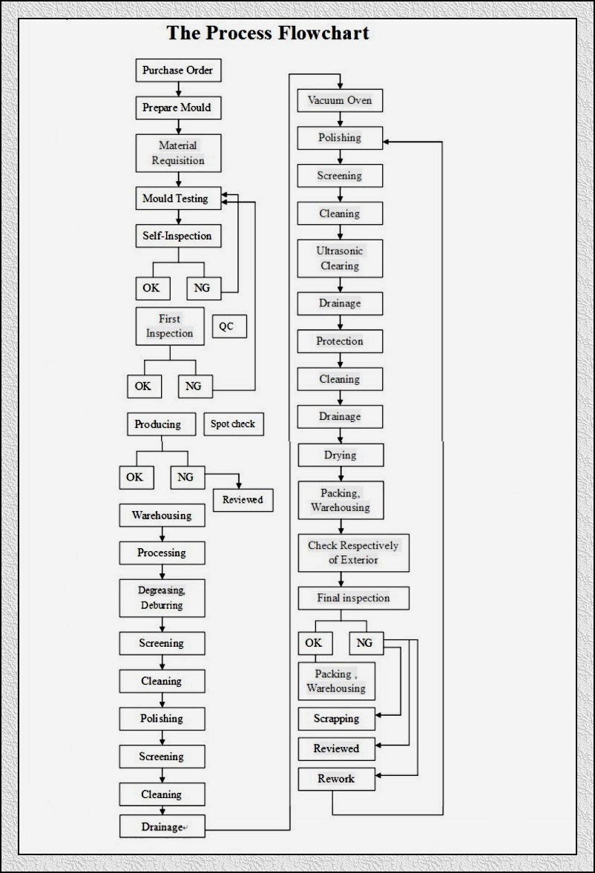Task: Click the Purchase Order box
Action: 178,70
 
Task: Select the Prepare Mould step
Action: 178,108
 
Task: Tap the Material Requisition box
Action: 178,153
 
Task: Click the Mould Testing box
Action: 178,198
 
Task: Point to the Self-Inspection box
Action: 178,236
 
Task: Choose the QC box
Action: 229,326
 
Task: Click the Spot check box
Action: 234,424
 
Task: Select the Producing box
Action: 162,424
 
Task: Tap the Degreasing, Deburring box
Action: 162,598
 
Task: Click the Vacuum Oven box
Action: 340,100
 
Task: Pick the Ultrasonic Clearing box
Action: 340,258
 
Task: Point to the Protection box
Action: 340,341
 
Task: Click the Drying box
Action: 341,455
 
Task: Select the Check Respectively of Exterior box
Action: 354,553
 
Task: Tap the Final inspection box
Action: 354,598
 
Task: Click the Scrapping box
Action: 337,719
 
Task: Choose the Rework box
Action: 337,779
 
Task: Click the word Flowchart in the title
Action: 323,33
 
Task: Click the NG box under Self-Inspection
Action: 204,289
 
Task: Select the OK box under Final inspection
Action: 315,643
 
